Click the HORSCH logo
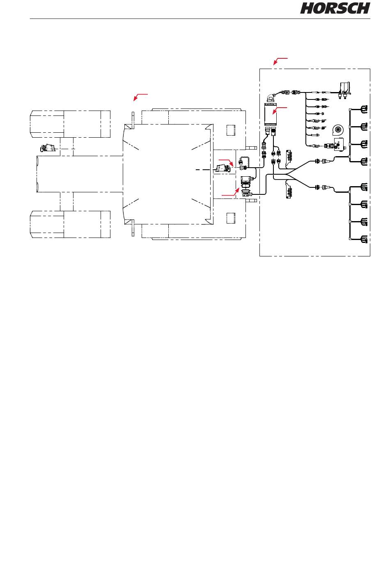pos(335,8)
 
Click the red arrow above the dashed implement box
pos(280,61)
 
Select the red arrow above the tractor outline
pos(140,97)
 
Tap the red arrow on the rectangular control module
pos(280,111)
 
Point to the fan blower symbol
pos(337,130)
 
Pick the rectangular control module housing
pos(271,114)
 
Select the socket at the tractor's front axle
pos(46,148)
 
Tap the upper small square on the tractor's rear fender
pos(231,130)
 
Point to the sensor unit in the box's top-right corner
pos(345,90)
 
